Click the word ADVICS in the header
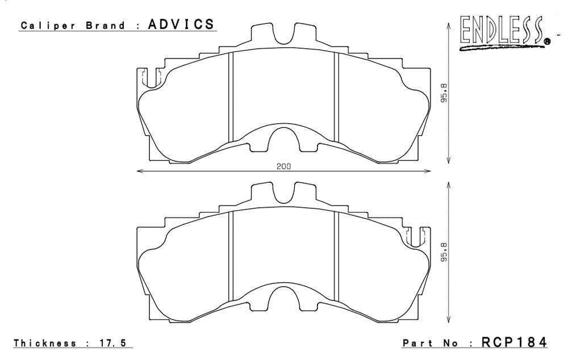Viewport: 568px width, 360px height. (x=181, y=24)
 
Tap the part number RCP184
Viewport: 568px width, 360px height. (x=514, y=342)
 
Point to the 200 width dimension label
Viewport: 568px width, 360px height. (x=283, y=167)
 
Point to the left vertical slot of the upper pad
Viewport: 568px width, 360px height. (x=231, y=97)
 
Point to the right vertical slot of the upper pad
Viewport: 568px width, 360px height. (x=336, y=97)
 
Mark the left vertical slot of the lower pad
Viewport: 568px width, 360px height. (x=231, y=256)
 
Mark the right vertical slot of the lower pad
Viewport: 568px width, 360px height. (x=336, y=256)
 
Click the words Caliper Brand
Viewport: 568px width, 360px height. (x=73, y=26)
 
